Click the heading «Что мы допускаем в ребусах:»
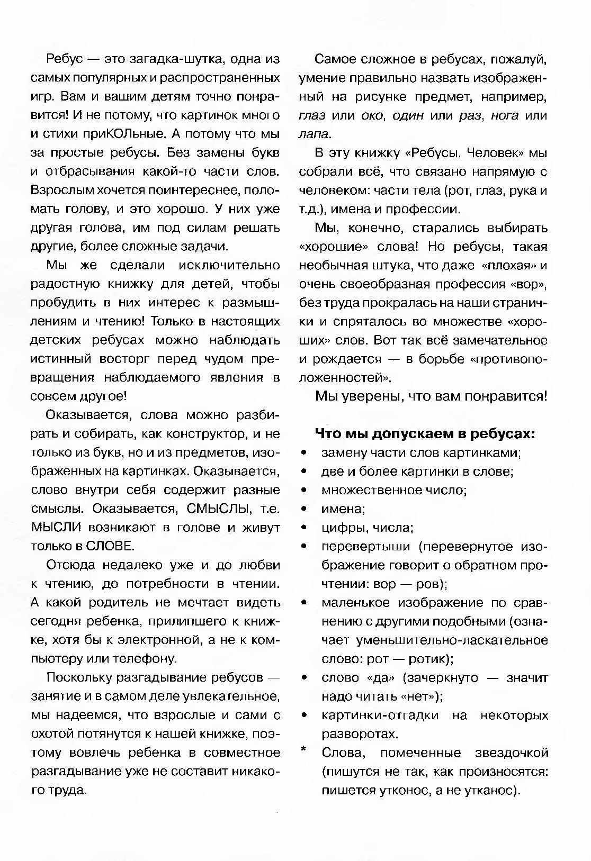425,434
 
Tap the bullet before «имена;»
303,509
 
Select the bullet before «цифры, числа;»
303,528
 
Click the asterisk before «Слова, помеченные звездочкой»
303,750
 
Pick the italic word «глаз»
312,116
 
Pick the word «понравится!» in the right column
506,396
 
